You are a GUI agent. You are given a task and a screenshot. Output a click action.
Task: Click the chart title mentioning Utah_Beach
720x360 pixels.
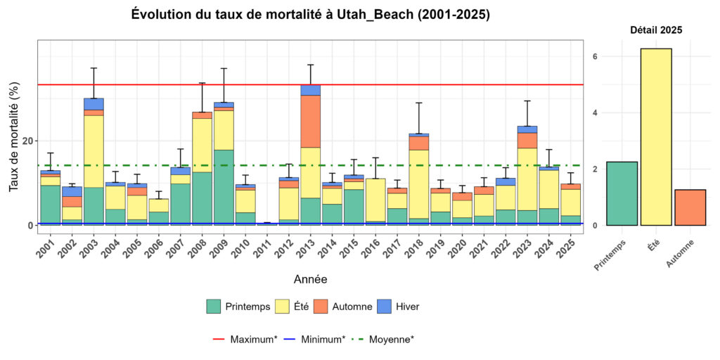tap(310, 15)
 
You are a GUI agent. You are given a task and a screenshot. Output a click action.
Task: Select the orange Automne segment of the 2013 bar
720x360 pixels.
tap(310, 121)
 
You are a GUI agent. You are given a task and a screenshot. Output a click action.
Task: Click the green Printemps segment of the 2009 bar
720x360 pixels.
tap(224, 187)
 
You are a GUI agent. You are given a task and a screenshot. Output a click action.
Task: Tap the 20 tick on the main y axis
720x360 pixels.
tap(27, 141)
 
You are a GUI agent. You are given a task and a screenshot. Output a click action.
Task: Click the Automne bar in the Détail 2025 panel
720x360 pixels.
tap(690, 207)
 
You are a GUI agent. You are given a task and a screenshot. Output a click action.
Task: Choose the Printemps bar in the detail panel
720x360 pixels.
tap(622, 193)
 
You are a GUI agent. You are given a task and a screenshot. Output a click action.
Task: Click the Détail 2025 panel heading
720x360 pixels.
tap(655, 30)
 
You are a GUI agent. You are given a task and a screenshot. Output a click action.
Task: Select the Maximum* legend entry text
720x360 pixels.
tap(252, 340)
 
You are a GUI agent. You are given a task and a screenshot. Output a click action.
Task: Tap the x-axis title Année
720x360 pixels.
tap(310, 279)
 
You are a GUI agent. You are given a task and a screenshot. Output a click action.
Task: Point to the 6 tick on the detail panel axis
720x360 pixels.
tap(595, 56)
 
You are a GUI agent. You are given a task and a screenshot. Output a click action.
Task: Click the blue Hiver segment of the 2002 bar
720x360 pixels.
tap(72, 191)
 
